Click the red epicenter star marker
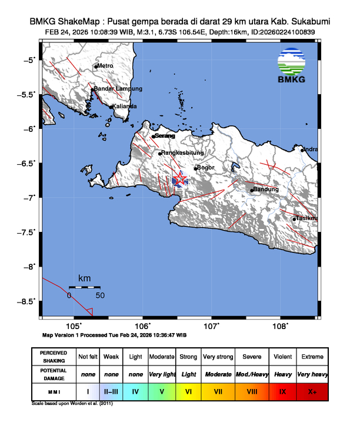coord(180,178)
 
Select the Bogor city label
coord(205,168)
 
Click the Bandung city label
coord(265,190)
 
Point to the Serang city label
coord(165,136)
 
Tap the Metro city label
coord(105,66)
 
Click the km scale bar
coord(84,287)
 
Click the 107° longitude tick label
coord(212,326)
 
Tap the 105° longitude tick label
coord(74,326)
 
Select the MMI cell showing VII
coord(218,391)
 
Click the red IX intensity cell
coord(282,391)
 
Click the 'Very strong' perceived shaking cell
coord(218,357)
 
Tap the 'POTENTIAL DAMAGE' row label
coord(54,374)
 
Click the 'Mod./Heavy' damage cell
coord(252,374)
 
